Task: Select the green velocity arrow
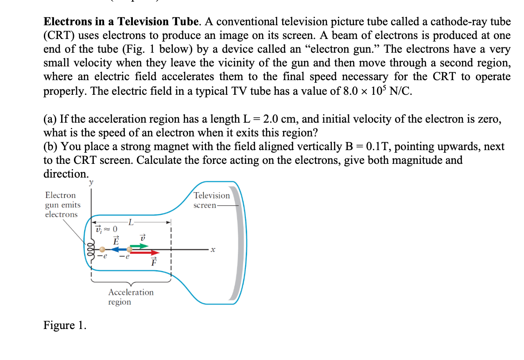[x=140, y=246]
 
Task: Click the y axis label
[x=91, y=182]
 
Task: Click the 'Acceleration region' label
[x=131, y=297]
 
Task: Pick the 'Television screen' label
[x=212, y=200]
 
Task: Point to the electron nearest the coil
[x=102, y=250]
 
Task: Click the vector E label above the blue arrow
[x=116, y=240]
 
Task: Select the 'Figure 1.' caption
[x=65, y=325]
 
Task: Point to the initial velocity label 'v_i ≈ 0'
[x=107, y=229]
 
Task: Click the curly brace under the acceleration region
[x=131, y=281]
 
